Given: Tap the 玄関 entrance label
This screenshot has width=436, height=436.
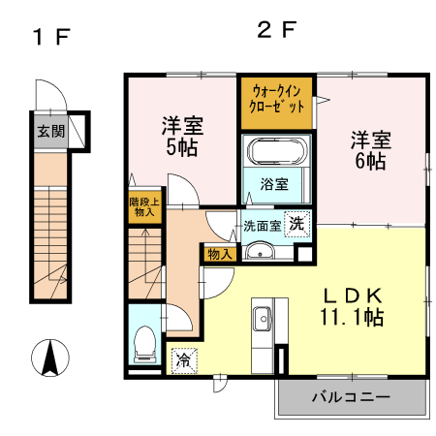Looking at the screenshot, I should coord(51,132).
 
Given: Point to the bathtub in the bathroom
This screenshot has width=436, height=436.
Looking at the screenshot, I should coord(277,152).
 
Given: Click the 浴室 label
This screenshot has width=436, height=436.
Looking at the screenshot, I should coord(275,184).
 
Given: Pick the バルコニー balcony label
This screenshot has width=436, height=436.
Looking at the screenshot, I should coord(351,397).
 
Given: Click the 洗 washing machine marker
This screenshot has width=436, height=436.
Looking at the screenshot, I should coord(299,221).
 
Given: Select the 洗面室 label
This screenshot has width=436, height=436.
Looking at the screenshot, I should coord(262,226).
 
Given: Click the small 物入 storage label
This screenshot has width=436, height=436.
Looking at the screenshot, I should coord(220,254).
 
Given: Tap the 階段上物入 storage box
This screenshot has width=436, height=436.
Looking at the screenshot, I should coord(143,207).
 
